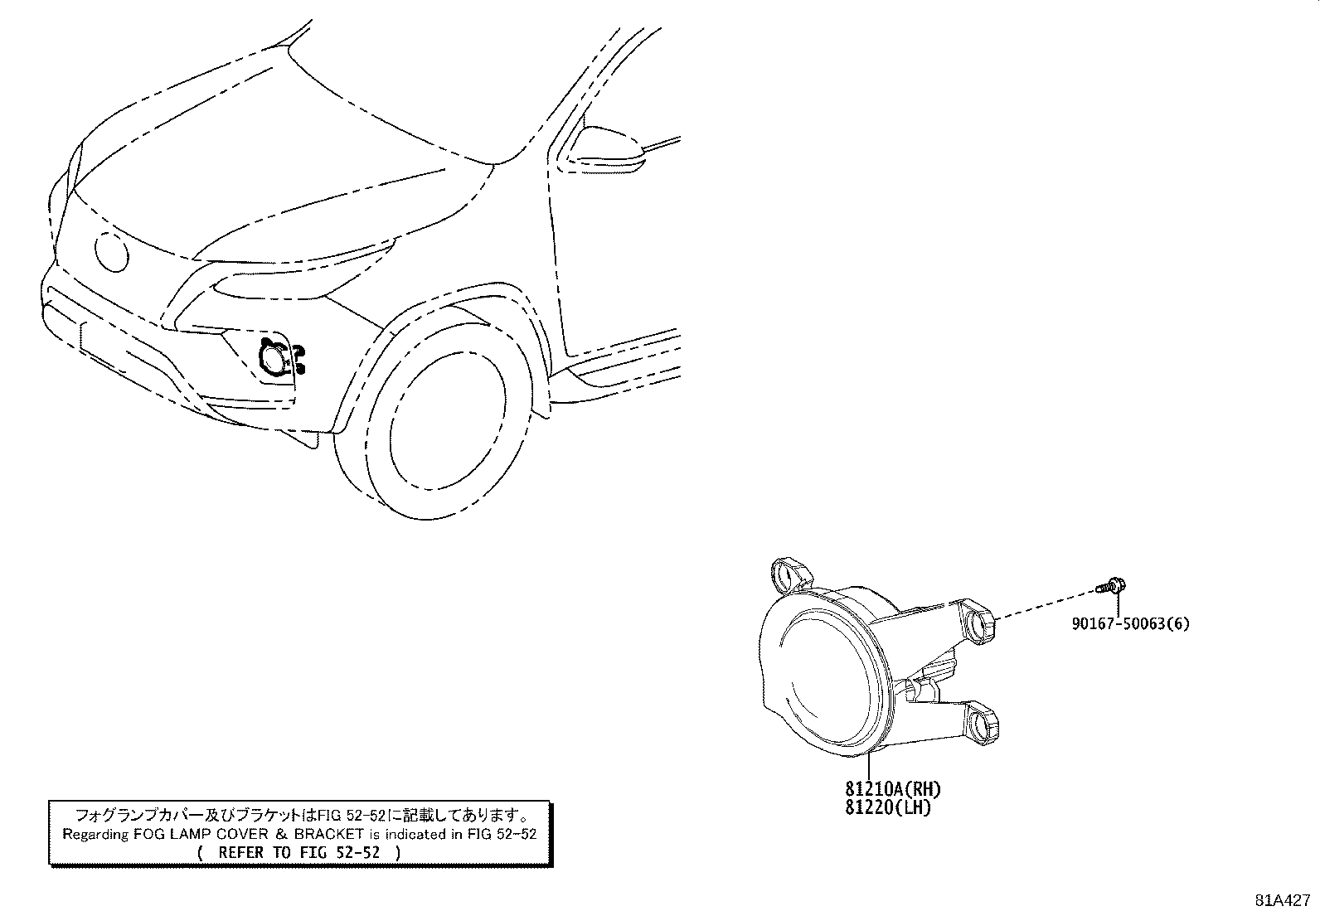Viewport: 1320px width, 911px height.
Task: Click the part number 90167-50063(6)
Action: pos(1130,623)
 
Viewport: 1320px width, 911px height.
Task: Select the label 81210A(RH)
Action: pos(893,788)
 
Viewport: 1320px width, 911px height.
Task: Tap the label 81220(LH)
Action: pos(888,807)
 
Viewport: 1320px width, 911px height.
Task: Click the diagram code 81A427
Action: pos(1283,900)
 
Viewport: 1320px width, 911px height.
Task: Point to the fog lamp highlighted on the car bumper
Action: pos(274,358)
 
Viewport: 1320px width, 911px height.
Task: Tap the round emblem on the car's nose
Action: pos(111,252)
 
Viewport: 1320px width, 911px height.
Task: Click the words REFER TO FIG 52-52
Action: pos(299,852)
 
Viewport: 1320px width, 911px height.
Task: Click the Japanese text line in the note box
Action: pos(300,816)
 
